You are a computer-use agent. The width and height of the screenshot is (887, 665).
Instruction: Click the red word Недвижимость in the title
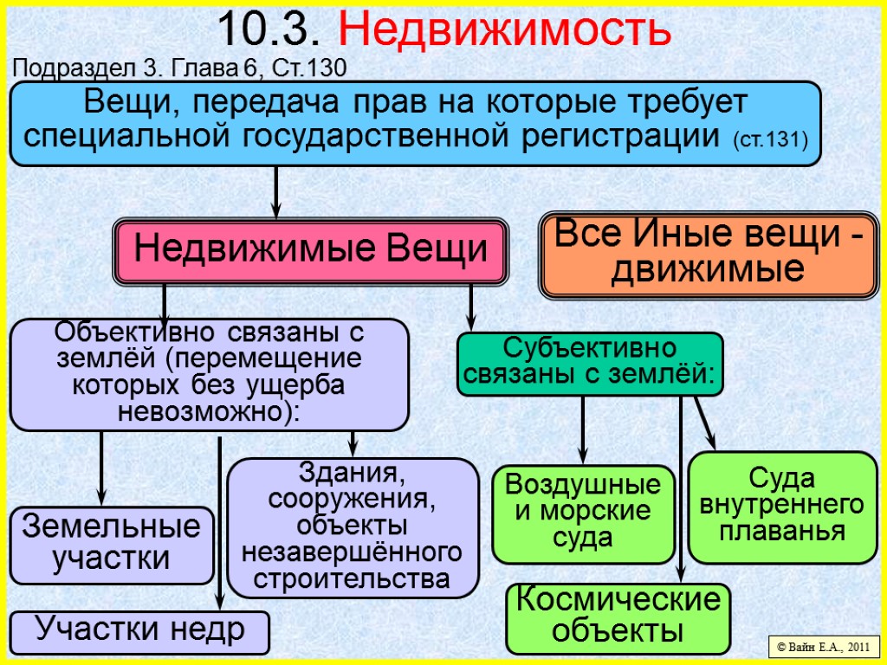[504, 30]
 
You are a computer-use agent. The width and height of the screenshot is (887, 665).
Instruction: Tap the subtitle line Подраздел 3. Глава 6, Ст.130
[179, 68]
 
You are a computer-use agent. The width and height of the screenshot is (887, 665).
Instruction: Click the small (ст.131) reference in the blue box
[770, 139]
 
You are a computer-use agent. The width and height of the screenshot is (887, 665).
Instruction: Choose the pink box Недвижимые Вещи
[311, 251]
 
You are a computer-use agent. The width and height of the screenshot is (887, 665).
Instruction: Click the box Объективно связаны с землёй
[209, 373]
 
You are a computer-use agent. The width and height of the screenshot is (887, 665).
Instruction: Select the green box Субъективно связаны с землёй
[589, 364]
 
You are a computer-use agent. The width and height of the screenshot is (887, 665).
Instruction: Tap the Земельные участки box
[112, 544]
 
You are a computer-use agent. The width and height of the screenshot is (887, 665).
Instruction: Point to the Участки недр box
[139, 630]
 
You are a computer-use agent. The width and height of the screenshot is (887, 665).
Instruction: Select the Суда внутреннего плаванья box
[782, 506]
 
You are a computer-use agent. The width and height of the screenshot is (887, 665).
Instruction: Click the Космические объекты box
[618, 617]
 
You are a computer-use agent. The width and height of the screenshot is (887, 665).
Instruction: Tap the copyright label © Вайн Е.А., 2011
[823, 647]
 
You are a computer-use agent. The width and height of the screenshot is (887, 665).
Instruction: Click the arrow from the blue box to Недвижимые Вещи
[276, 192]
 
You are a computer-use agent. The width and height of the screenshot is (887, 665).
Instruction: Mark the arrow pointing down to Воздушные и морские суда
[583, 429]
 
